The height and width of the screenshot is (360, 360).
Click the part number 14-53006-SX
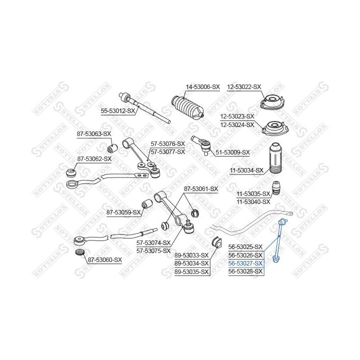(202, 87)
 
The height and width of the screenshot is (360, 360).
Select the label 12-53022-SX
(244, 87)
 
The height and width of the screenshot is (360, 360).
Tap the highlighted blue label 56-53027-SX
(245, 263)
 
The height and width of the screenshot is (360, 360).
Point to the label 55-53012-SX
(118, 111)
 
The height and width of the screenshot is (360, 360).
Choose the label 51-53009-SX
(232, 152)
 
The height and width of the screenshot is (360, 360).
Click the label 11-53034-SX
(246, 170)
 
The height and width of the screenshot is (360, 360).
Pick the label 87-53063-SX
(94, 134)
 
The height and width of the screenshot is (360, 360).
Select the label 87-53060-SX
(105, 260)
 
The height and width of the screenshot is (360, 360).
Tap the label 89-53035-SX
(191, 272)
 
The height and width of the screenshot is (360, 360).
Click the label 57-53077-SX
(167, 152)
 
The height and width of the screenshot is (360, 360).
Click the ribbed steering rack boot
(187, 107)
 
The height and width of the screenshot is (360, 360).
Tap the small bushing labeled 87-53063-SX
(112, 148)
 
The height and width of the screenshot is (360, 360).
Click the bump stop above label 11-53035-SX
(276, 188)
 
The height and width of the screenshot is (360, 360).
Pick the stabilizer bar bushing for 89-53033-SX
(216, 242)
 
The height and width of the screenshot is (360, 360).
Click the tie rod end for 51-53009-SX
(201, 145)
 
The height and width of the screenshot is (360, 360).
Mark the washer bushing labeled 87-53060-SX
(80, 252)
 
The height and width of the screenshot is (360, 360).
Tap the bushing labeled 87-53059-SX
(146, 203)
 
